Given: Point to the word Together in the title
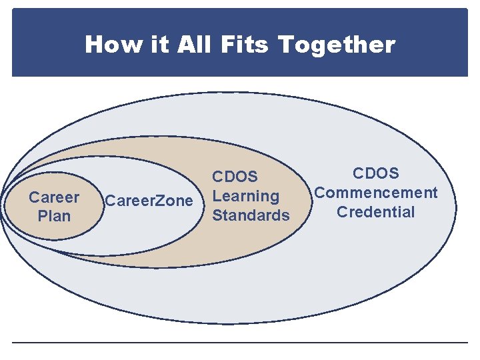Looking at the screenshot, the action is point(337,45).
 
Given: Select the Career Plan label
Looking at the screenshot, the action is point(54,207).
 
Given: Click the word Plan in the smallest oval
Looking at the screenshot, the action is point(54,216).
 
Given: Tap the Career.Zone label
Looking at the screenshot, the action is point(149,201).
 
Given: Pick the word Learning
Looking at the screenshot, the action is point(245,196).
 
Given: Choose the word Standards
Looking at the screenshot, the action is point(251,215).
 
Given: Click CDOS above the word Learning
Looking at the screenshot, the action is point(235,177).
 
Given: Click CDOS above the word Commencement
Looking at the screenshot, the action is point(376,173).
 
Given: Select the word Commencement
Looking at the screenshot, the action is point(376,193).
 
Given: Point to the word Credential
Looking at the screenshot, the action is point(376,212).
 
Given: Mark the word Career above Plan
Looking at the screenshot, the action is point(54,197).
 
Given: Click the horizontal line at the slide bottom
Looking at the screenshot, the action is point(240,343).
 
